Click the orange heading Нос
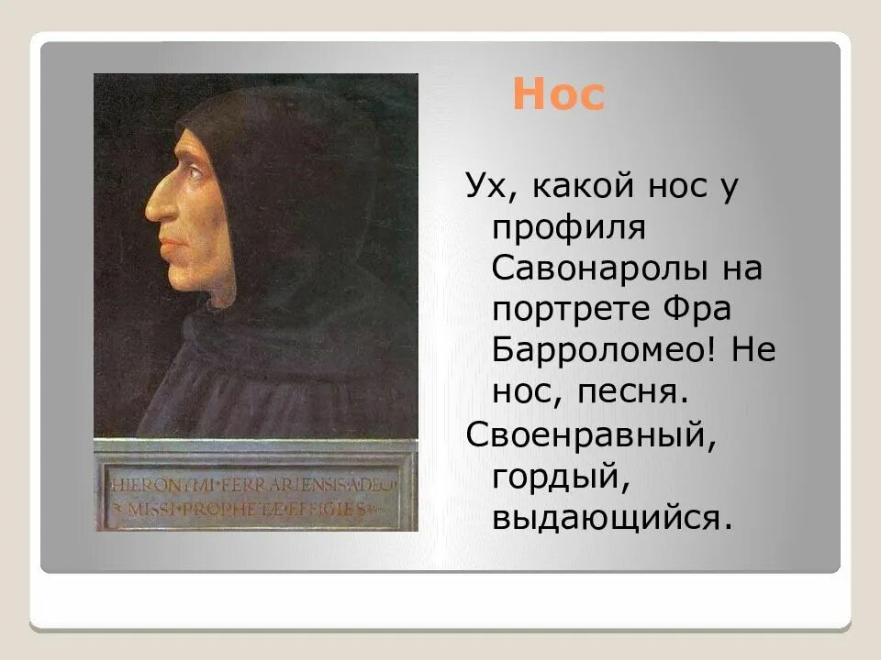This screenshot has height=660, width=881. click(x=558, y=95)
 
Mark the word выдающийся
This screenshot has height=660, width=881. click(x=612, y=517)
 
